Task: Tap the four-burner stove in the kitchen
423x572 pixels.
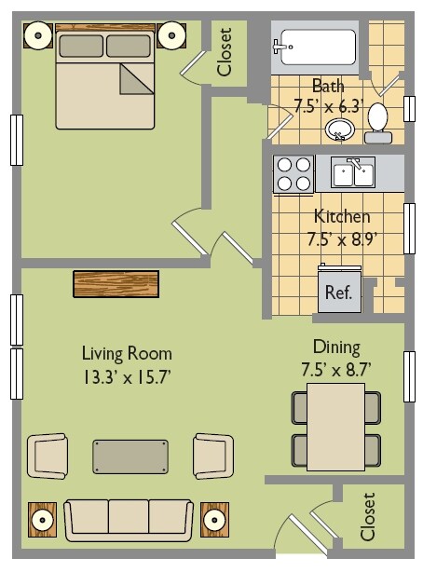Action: (x=293, y=174)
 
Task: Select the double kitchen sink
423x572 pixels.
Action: (x=353, y=173)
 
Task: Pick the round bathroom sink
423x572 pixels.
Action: (x=340, y=129)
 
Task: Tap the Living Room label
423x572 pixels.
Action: (x=127, y=354)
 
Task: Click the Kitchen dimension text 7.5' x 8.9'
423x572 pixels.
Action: (x=342, y=239)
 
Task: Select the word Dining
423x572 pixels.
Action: (x=336, y=347)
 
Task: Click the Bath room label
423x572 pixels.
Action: (x=328, y=86)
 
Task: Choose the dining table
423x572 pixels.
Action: (x=335, y=427)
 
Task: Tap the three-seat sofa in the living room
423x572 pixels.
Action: (x=129, y=520)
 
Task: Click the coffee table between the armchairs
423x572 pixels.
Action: (x=130, y=456)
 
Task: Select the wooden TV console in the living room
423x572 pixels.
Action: (x=116, y=284)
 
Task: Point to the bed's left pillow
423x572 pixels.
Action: (x=81, y=46)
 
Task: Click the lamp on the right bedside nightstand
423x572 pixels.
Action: (x=171, y=35)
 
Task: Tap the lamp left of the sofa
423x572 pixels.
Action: (x=42, y=520)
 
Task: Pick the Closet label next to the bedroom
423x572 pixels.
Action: (x=225, y=52)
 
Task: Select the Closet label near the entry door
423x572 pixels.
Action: (x=367, y=516)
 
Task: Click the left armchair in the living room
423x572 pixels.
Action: (x=48, y=456)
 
